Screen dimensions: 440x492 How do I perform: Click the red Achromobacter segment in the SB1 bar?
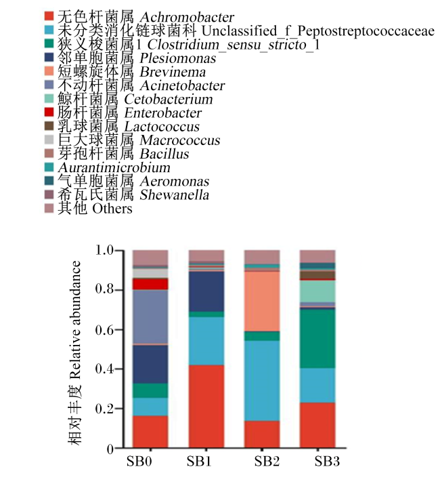pos(206,406)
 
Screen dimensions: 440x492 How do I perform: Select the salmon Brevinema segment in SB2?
pos(262,301)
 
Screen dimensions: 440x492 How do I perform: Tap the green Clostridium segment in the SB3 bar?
pos(317,339)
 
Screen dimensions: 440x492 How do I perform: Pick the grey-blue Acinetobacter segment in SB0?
pos(150,317)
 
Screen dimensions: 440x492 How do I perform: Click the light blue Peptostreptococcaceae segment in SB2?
pos(262,381)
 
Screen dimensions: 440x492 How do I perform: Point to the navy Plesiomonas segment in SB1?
pos(206,291)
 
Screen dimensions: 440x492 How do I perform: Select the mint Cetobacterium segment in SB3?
pos(317,291)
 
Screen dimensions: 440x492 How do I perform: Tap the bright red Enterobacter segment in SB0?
pos(150,284)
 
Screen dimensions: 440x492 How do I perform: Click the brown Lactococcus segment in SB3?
pos(317,275)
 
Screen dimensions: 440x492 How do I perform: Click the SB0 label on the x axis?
pos(139,462)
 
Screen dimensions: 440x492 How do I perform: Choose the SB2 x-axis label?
pos(267,462)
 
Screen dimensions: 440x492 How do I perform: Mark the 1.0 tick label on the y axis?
pos(104,250)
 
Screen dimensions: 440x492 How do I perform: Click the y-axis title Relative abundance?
pos(76,320)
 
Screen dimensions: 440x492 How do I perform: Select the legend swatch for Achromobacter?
pos(49,16)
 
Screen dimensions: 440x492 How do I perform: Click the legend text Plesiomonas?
pos(178,58)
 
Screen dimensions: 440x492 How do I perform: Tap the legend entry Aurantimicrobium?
pos(114,167)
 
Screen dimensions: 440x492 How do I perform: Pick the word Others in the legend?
pos(112,209)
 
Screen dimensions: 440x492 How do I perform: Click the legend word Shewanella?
pos(174,195)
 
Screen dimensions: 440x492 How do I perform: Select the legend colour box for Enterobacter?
pos(49,112)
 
